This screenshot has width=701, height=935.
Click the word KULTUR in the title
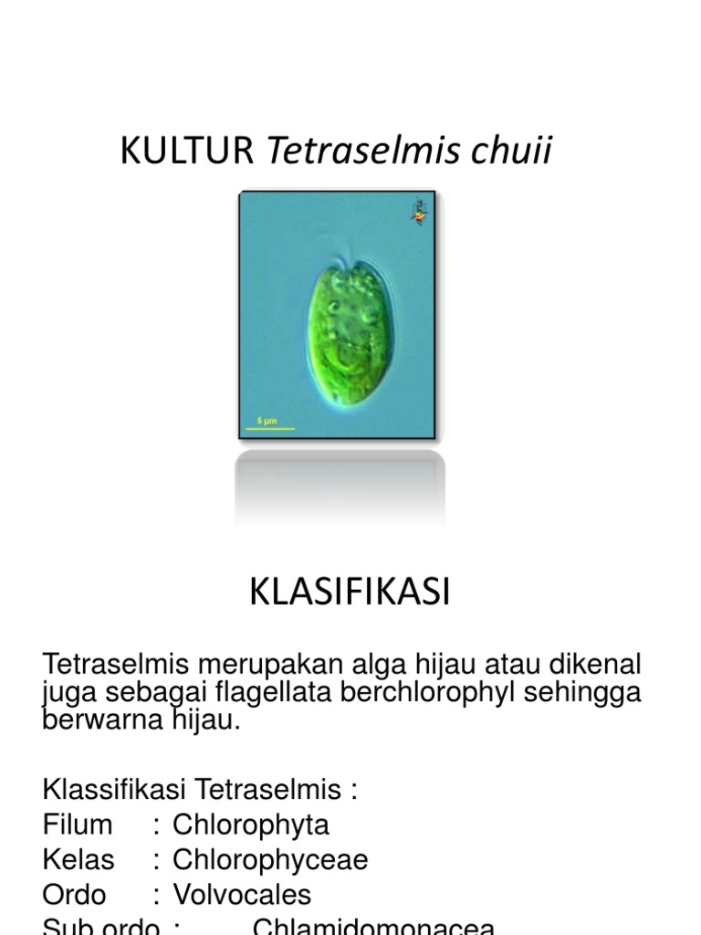[x=187, y=152]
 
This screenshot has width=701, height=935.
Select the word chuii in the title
[x=511, y=152]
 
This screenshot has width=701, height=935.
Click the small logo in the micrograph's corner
[x=419, y=212]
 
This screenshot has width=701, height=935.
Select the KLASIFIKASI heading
[x=350, y=594]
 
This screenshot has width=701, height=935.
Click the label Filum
[x=78, y=825]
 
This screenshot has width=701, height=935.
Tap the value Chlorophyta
[x=250, y=825]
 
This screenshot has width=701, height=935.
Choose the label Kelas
[x=78, y=859]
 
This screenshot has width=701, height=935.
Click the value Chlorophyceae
[x=270, y=859]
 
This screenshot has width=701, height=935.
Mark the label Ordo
[x=74, y=894]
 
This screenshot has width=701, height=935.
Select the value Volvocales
[x=242, y=894]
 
